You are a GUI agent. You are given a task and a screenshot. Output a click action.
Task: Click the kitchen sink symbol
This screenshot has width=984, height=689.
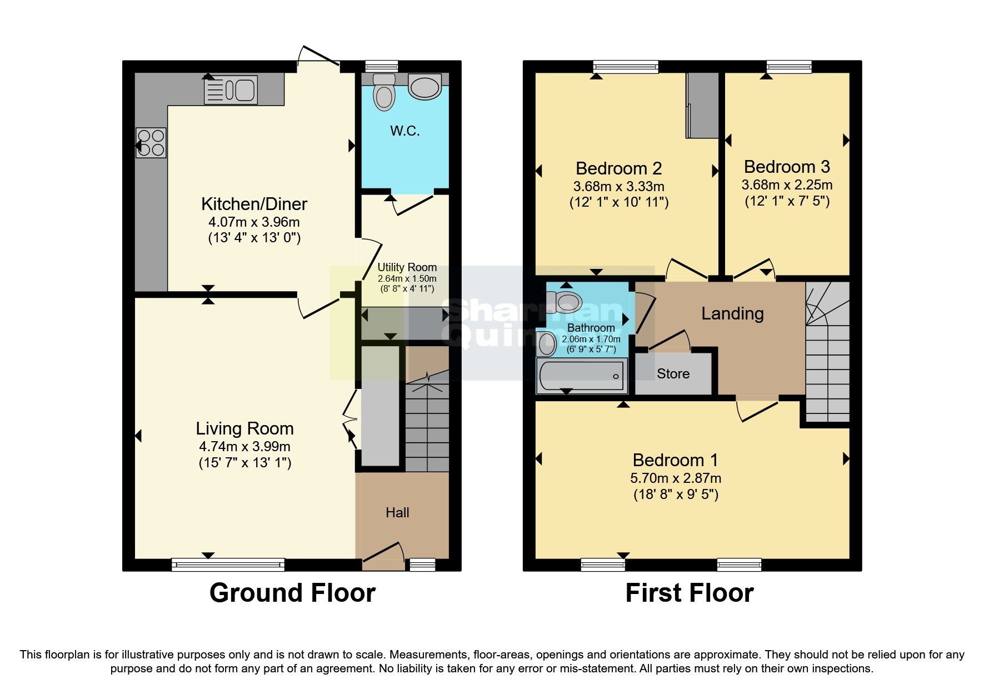point(231,89)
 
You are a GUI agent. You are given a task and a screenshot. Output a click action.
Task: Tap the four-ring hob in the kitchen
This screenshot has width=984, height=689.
point(151,143)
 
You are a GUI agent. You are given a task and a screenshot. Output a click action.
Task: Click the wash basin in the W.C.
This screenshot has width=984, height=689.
point(424,87)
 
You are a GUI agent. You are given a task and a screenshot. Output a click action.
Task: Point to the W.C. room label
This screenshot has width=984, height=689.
point(404,131)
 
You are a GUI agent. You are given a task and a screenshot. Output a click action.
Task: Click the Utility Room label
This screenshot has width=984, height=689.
point(407,267)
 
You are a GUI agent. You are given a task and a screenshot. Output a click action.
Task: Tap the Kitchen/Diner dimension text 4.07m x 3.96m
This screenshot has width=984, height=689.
point(254,222)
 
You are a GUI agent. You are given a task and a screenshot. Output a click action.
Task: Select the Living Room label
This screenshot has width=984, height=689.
point(244,428)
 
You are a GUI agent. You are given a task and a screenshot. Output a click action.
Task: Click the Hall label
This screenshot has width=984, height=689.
point(397,512)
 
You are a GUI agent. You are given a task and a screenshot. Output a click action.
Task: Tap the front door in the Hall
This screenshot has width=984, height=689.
point(383,556)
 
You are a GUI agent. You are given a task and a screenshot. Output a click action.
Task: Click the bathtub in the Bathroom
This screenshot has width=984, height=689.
point(581,376)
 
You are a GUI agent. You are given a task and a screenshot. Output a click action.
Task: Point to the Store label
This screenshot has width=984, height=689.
point(673,374)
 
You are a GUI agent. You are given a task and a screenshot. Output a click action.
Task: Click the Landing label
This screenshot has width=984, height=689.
point(732,313)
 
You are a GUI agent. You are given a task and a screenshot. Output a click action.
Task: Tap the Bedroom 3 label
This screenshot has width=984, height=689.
point(787,167)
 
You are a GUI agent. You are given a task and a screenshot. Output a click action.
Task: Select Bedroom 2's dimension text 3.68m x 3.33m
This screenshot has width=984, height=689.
point(618,186)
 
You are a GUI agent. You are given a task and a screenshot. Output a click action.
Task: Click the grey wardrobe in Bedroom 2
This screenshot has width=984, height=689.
point(702,106)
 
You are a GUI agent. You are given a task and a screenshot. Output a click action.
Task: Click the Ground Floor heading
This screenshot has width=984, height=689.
point(292,593)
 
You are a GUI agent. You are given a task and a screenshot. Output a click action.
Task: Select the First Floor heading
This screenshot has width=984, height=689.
point(689,593)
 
